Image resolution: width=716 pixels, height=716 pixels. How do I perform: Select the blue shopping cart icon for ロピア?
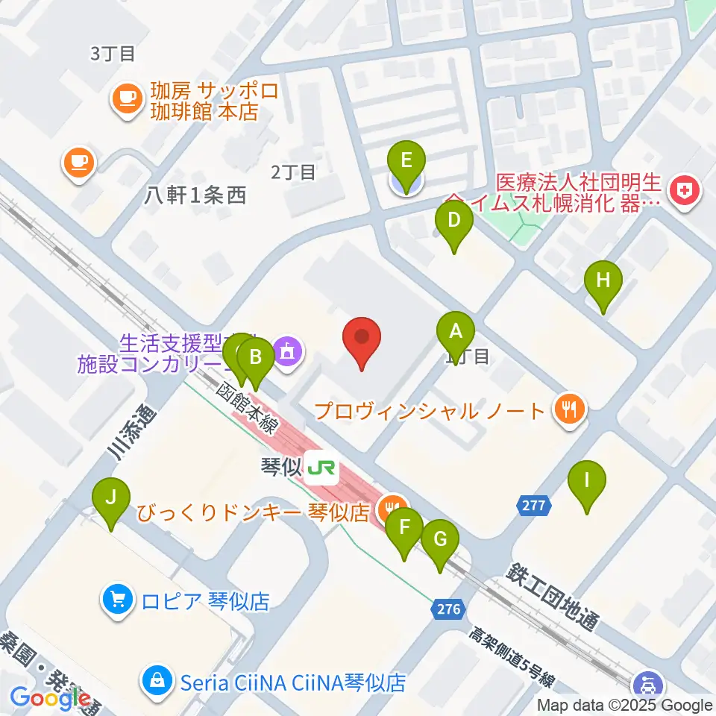tap(118, 598)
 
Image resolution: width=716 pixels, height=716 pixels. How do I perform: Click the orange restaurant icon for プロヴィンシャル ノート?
tap(571, 409)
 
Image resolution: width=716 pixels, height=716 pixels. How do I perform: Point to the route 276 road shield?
tap(449, 609)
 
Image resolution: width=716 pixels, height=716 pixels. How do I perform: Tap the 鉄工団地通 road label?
tap(556, 597)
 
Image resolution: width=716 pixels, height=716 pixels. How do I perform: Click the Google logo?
tap(50, 697)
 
